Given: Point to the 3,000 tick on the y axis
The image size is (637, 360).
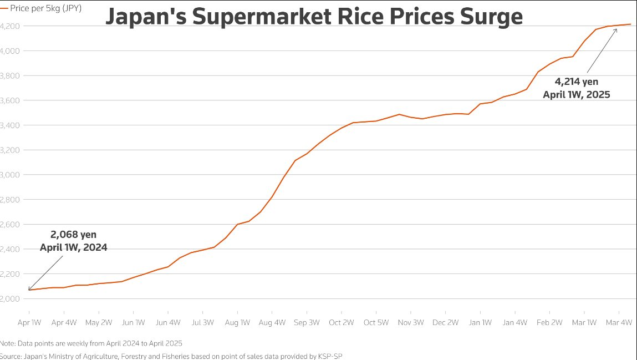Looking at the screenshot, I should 10,175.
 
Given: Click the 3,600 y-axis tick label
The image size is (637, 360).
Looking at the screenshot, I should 10,100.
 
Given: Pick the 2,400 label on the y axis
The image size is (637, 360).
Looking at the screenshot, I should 10,249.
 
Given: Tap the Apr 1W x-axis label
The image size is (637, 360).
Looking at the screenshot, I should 29,322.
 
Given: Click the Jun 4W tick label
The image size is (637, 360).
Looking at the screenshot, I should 168,322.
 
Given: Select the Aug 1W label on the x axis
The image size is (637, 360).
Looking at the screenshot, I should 237,322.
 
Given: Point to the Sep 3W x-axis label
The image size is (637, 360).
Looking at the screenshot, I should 307,322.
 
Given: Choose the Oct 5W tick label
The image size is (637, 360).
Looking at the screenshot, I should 376,322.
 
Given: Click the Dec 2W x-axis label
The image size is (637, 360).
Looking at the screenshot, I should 445,322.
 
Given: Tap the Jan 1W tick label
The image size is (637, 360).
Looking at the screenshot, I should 480,322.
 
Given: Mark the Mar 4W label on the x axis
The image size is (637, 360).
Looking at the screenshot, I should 619,322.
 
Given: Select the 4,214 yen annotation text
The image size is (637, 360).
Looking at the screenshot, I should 577,82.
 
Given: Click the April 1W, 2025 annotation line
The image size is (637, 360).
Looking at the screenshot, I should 577,94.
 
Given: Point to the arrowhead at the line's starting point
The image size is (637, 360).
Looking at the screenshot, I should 30,288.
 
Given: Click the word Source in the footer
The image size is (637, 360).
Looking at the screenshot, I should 10,356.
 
